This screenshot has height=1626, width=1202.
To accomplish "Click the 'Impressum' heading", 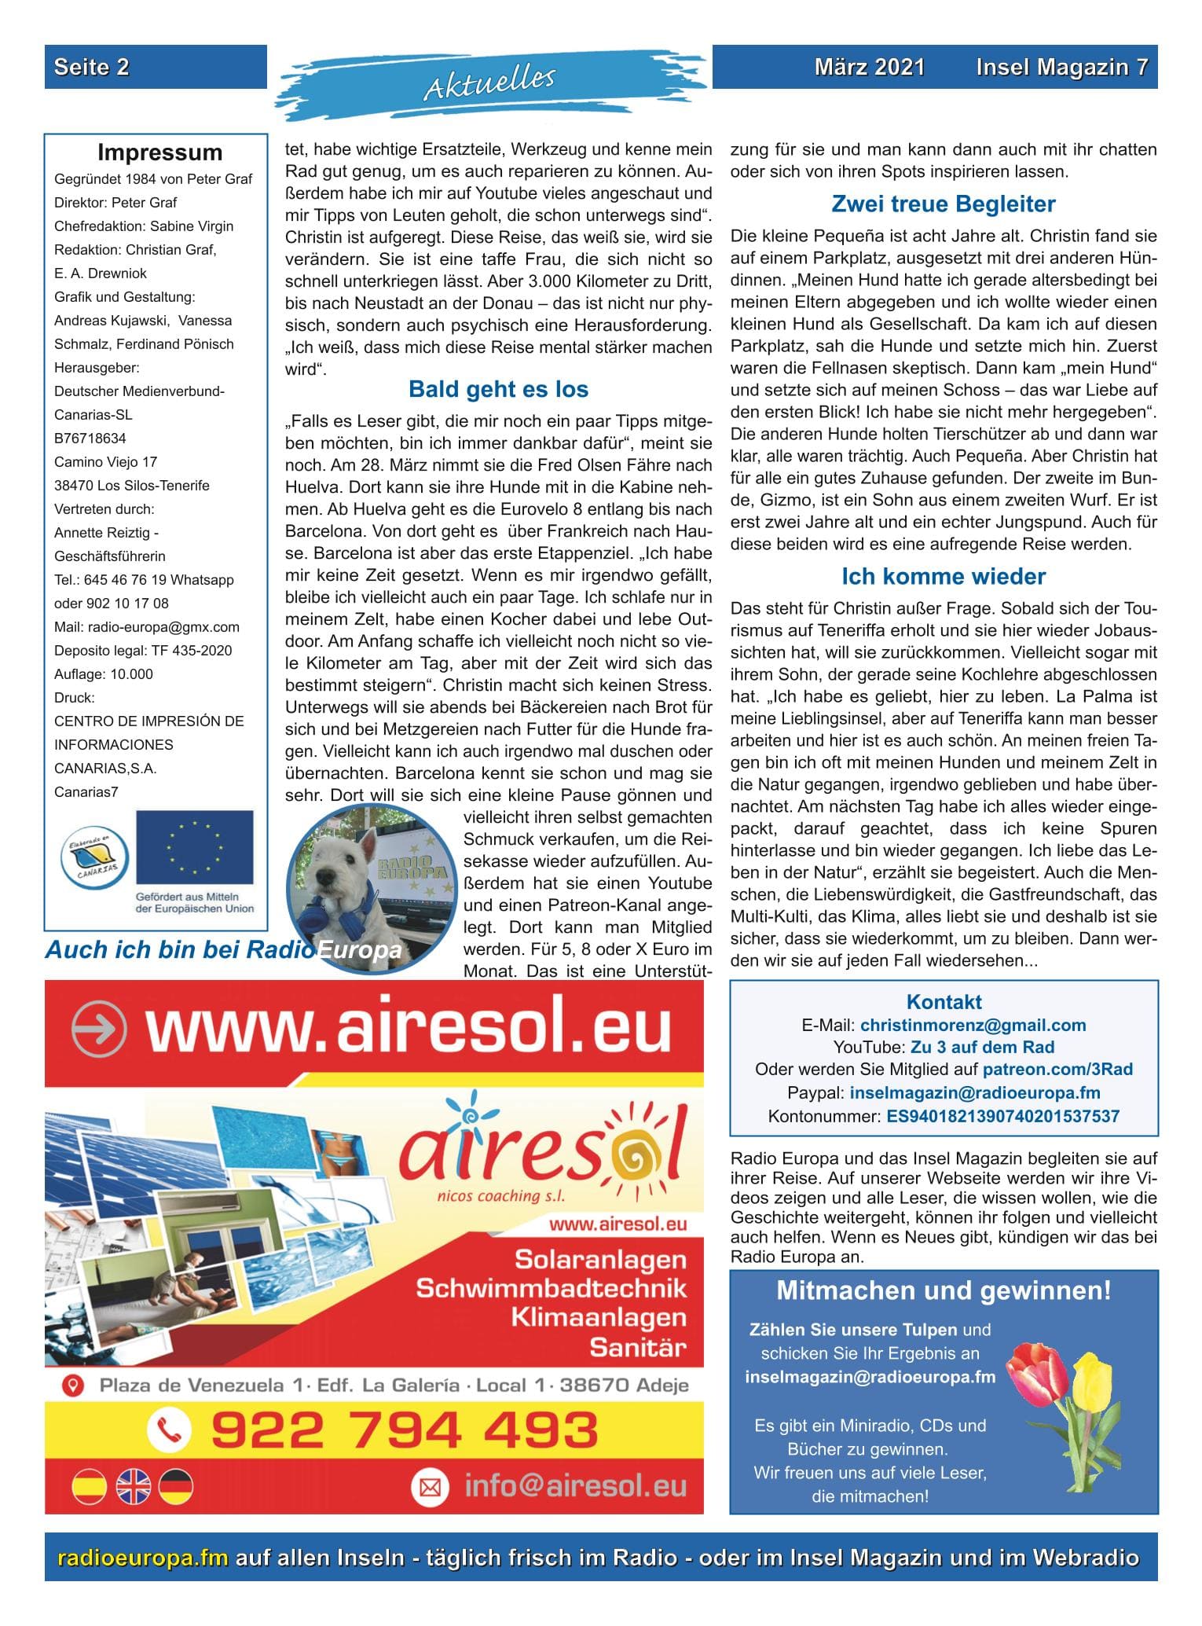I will click(x=159, y=152).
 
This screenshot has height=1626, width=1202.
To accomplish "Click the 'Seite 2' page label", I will click(x=91, y=68).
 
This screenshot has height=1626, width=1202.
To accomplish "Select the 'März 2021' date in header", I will click(x=869, y=68).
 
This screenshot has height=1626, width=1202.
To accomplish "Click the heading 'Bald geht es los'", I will click(x=498, y=390).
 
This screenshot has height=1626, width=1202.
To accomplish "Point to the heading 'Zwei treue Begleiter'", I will click(x=943, y=204).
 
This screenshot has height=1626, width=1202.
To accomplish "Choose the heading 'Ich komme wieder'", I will click(x=943, y=577).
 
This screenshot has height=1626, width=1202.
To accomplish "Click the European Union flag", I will click(x=195, y=847).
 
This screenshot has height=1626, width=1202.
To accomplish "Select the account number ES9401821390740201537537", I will click(x=1002, y=1116).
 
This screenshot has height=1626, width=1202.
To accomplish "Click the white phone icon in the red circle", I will click(x=169, y=1430).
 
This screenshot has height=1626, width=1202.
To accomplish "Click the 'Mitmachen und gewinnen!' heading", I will click(x=943, y=1290).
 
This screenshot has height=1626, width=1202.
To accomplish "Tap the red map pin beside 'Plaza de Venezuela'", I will click(x=73, y=1385).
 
